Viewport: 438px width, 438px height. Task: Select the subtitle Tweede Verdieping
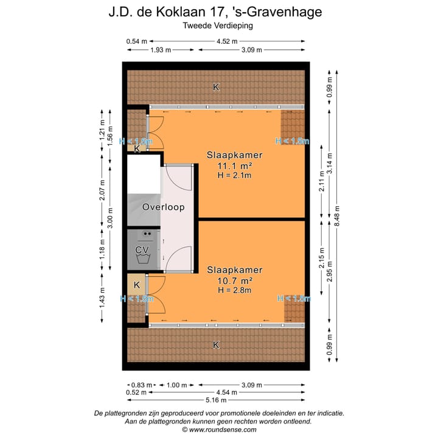(x=218, y=26)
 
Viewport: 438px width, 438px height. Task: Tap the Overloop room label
(x=163, y=207)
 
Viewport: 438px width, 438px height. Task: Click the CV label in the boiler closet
(x=142, y=250)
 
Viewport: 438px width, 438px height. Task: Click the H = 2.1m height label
(x=234, y=175)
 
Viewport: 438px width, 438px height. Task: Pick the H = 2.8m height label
(x=234, y=290)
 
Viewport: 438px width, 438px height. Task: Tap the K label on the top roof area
(x=215, y=88)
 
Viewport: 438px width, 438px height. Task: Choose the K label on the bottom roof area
(x=215, y=345)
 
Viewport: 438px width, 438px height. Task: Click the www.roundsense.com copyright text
(x=219, y=429)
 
